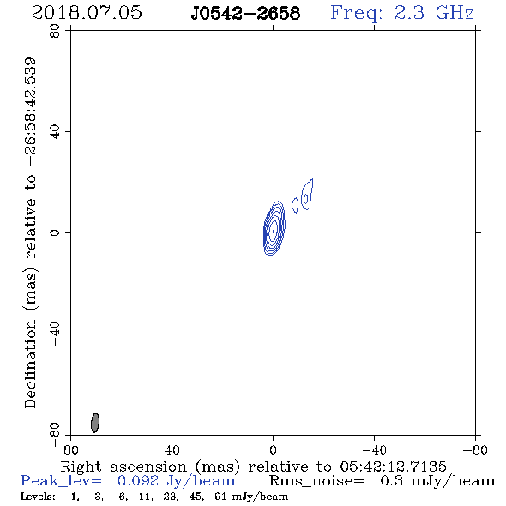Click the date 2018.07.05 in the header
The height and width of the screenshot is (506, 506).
point(87,13)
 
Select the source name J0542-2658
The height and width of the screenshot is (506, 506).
point(245,14)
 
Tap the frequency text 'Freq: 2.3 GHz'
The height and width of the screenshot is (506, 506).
point(402,14)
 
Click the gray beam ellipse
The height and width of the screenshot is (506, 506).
point(95,423)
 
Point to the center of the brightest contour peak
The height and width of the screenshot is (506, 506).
point(274,231)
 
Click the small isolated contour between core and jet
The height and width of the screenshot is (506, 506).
point(295,205)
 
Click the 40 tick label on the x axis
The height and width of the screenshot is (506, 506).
point(172,449)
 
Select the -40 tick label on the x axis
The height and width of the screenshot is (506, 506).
point(374,449)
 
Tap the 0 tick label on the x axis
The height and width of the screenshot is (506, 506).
point(273,449)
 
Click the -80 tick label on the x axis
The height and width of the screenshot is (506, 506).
point(475,449)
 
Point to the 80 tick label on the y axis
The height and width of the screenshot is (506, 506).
point(55,31)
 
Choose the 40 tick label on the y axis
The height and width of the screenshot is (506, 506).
point(55,132)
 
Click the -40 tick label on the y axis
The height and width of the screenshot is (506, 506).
point(55,334)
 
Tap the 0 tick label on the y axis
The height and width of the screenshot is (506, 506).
point(55,232)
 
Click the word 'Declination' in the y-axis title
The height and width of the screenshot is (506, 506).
point(30,364)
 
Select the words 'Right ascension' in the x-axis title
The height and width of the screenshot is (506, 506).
point(123,467)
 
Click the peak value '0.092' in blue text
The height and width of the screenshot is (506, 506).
point(138,481)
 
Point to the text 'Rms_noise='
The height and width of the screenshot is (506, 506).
point(316,481)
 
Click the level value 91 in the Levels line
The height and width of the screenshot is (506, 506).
point(220,497)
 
